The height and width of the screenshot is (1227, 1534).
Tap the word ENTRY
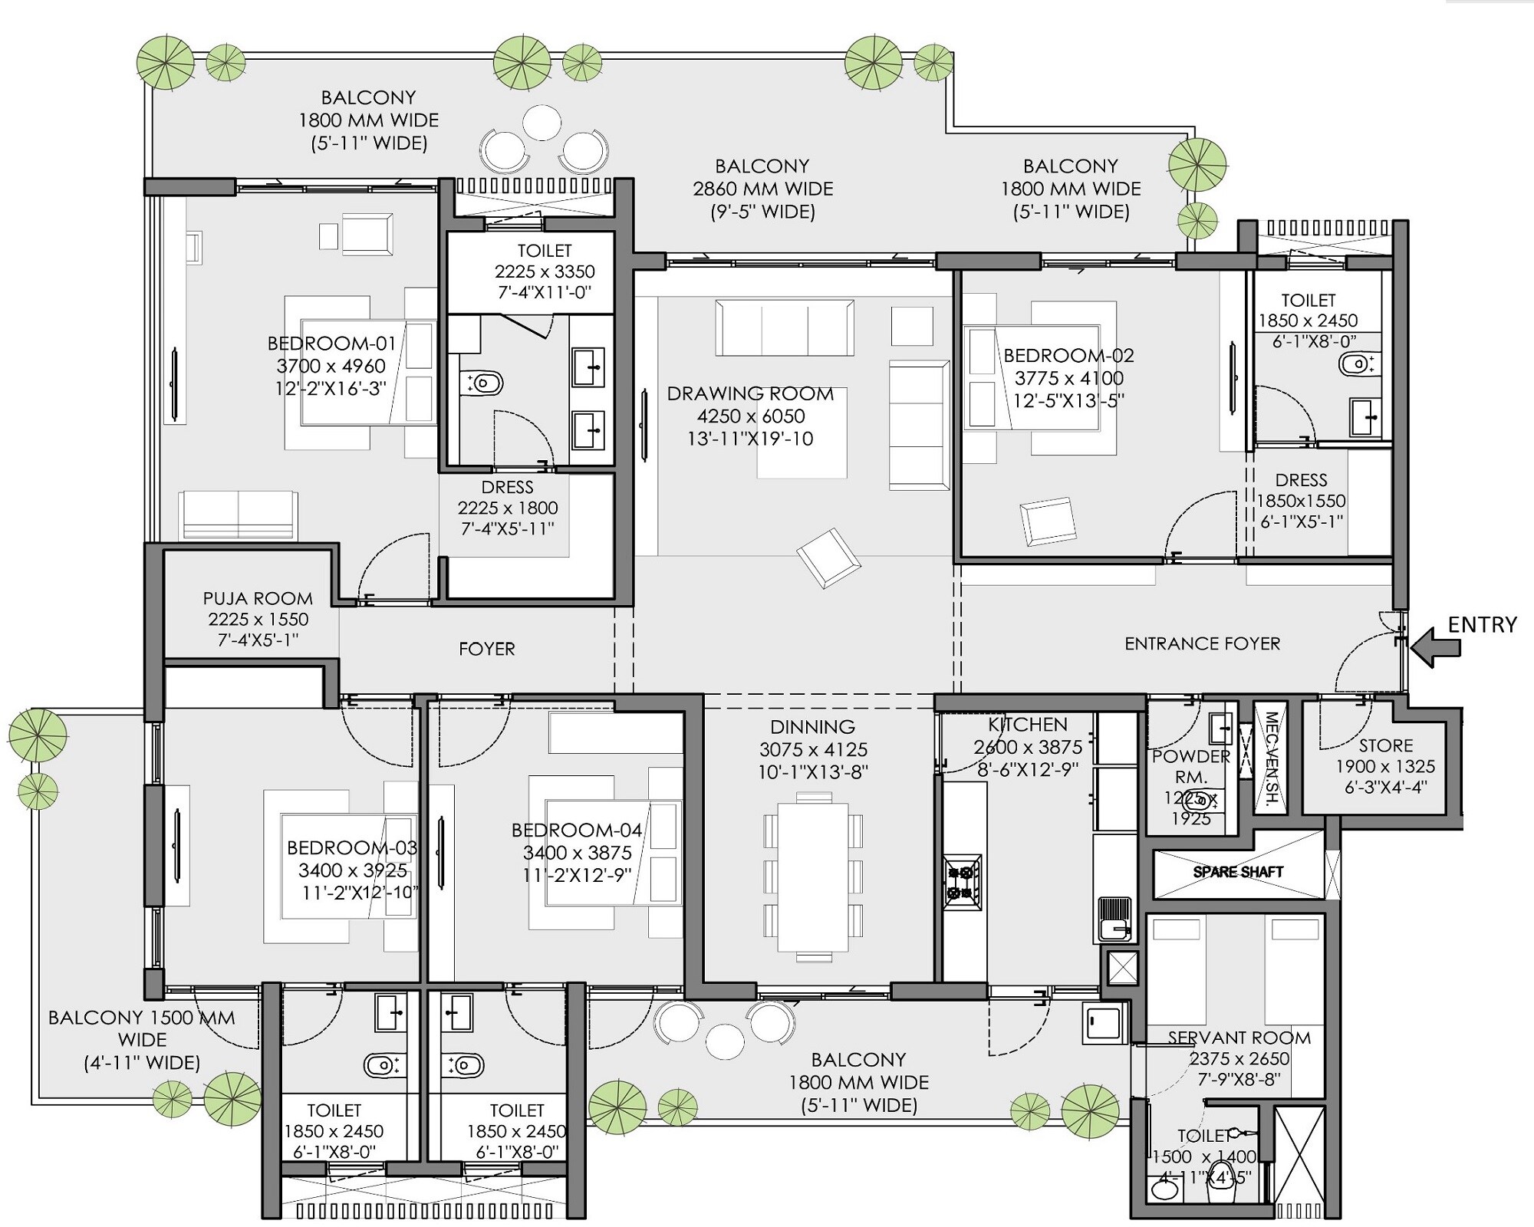click(1482, 624)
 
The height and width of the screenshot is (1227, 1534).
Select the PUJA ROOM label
click(258, 598)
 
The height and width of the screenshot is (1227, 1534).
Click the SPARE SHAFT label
click(1238, 872)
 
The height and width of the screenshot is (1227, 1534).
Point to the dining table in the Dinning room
click(813, 876)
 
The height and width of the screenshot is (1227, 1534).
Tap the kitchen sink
click(1114, 919)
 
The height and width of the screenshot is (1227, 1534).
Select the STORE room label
click(1385, 745)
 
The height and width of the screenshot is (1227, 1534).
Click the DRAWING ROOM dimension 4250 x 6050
click(751, 416)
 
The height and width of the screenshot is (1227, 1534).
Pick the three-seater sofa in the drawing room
click(784, 328)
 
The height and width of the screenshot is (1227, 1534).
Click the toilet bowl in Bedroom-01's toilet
click(485, 382)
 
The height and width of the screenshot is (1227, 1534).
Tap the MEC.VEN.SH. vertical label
click(1271, 759)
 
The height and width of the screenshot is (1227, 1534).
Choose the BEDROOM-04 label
click(577, 830)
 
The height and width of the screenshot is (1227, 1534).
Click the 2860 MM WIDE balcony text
click(762, 189)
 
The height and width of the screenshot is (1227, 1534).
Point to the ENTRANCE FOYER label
click(1202, 643)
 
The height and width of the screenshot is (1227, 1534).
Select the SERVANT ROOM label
click(1239, 1038)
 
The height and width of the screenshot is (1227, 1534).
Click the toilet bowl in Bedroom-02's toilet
click(1358, 363)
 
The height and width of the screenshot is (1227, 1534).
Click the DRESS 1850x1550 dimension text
click(1301, 501)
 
